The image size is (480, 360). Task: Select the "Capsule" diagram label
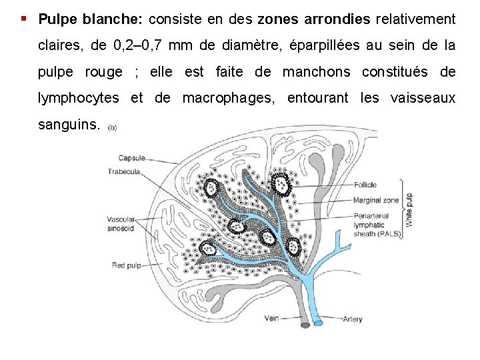[131, 158]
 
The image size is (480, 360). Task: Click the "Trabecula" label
[124, 171]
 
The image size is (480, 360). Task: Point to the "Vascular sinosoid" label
[121, 223]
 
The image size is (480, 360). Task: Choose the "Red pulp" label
[127, 265]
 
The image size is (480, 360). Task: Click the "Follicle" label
[365, 185]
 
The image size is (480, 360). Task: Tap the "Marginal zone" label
[377, 200]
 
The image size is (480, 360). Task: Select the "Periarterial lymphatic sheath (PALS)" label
[379, 225]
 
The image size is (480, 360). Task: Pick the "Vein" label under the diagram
[271, 318]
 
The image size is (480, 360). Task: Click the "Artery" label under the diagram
[352, 319]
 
